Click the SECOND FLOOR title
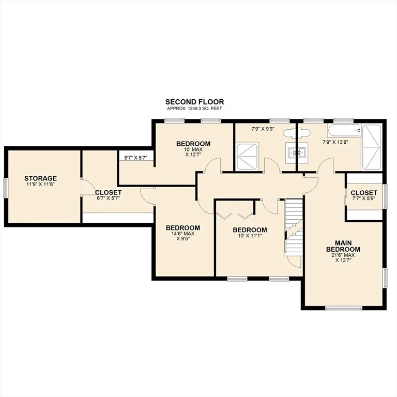point(194,102)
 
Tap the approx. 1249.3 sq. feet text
point(194,109)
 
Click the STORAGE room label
point(40,178)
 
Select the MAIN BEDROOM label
point(343,246)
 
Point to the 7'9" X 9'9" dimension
point(263,129)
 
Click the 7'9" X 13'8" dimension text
point(335,142)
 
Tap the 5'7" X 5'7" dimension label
point(136,158)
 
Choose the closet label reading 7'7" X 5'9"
point(364,198)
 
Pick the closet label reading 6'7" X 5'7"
point(108,198)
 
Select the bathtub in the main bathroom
point(344,131)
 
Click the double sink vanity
point(297,153)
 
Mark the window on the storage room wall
point(5,188)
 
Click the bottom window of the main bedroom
point(344,308)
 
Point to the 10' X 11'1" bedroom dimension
point(250,236)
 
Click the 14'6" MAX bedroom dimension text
point(183,234)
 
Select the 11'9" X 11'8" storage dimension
point(40,185)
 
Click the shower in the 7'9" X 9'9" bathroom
point(248,156)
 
